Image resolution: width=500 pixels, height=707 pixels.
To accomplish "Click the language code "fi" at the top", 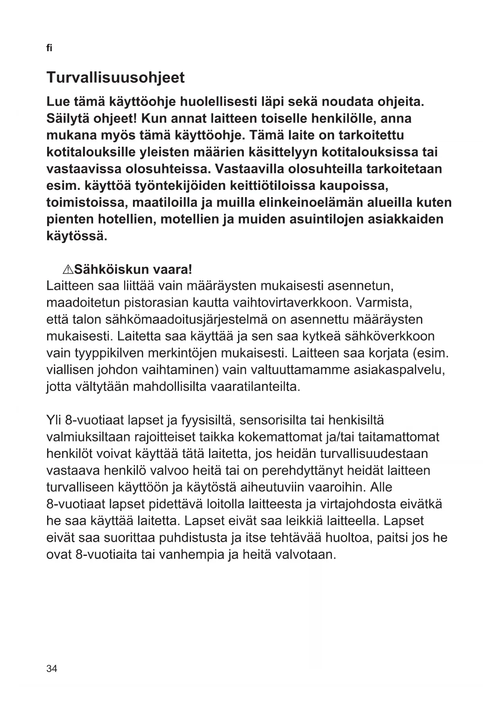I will tap(49, 48).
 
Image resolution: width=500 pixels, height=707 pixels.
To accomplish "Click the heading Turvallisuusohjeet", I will tap(116, 77).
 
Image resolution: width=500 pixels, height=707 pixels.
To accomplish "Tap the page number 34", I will tap(52, 669).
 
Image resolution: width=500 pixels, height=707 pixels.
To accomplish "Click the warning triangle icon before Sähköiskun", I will tap(68, 269).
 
